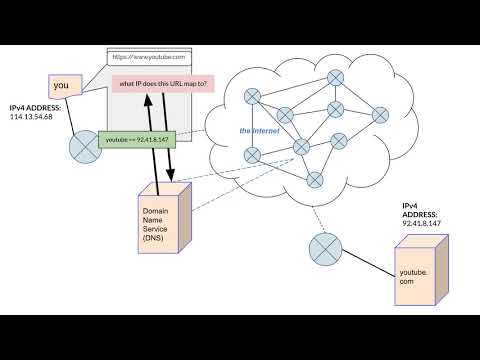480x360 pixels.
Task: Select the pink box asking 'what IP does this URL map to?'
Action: point(163,84)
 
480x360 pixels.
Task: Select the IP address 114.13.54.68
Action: point(36,116)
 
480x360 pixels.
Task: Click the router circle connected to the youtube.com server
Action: point(324,246)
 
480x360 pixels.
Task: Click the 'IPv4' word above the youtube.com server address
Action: point(409,205)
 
